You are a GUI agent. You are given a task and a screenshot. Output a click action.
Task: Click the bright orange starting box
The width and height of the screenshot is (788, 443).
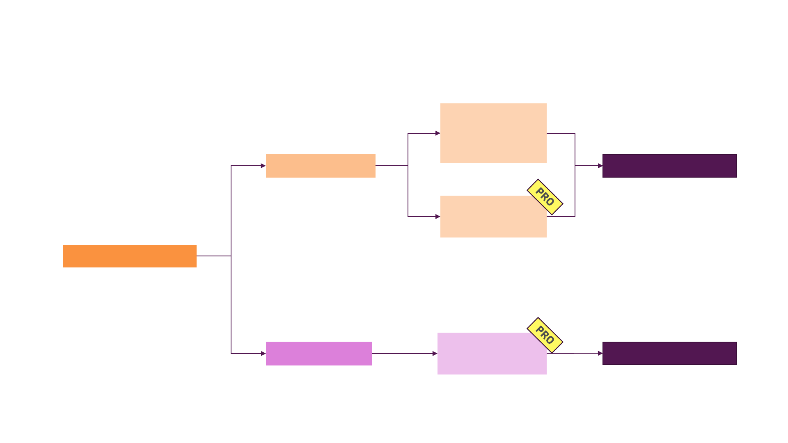coord(129,256)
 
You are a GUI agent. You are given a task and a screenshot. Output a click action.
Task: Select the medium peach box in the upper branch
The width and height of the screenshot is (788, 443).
coord(321,166)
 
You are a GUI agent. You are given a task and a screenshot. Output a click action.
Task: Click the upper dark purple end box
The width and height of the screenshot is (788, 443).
coord(669,166)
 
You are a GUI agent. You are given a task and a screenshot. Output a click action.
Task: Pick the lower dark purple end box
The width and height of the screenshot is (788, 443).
coord(669,353)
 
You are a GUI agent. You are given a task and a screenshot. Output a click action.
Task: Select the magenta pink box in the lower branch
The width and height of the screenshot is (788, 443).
coord(319,354)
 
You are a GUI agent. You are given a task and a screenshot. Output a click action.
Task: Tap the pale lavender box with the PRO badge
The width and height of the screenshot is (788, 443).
coord(488,355)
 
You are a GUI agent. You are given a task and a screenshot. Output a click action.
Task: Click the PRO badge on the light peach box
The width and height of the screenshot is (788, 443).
coord(545,197)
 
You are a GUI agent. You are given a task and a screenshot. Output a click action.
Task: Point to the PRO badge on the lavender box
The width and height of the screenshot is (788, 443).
coord(545,335)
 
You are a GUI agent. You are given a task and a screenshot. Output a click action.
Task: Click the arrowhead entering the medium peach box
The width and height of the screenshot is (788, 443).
coord(263,166)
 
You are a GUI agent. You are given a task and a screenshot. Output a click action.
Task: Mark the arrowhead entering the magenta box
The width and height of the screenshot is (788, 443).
coord(263,354)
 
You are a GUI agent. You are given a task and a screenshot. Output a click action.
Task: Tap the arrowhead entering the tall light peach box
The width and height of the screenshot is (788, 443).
coord(438,133)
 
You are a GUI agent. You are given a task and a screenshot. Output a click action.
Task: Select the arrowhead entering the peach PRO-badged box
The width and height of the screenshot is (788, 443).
coord(438,217)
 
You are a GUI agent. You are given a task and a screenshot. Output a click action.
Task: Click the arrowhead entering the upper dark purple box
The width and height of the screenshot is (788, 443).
coord(600,166)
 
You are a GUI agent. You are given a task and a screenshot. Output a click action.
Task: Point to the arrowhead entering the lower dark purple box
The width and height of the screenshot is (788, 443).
coord(600,353)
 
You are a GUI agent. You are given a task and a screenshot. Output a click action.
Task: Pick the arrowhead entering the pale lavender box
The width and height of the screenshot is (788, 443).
coord(435,354)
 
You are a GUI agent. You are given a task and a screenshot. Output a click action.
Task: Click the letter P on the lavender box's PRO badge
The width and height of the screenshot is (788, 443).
coord(539,330)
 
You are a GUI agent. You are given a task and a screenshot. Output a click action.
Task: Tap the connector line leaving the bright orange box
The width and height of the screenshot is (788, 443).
coord(213,256)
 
